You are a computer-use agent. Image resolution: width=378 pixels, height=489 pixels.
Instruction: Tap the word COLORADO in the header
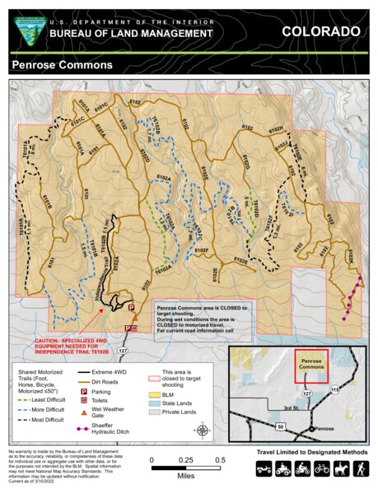tap(320, 31)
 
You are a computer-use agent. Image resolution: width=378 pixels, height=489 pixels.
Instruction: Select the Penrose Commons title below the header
tap(62, 64)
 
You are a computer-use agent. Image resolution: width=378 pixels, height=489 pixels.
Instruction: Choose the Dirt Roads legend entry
tap(86, 383)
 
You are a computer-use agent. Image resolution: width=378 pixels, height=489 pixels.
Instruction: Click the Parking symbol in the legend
tap(85, 393)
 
